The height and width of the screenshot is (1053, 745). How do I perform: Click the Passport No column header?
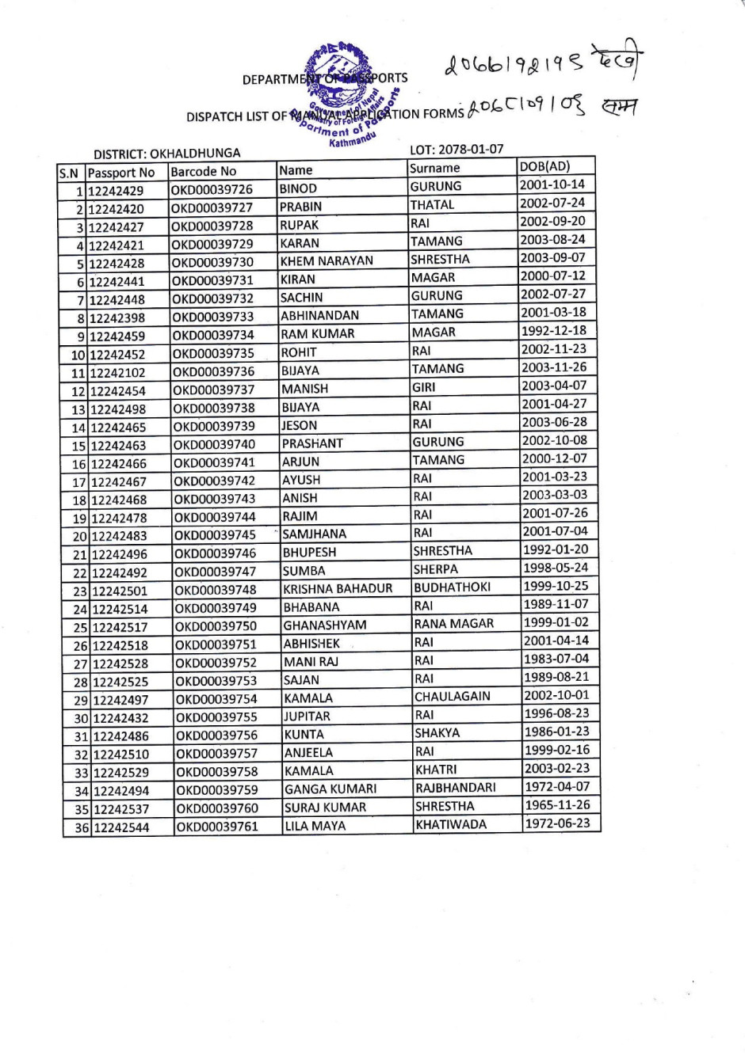pos(121,173)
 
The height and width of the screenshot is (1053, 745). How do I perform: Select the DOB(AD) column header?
pos(544,166)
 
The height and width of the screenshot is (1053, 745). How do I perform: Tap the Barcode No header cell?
pos(204,172)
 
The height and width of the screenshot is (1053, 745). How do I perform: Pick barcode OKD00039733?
pos(213,317)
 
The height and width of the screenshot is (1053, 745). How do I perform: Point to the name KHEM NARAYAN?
pos(327,261)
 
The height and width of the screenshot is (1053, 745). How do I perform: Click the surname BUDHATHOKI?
pos(452,587)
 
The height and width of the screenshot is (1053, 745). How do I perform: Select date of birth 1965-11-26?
pos(557,805)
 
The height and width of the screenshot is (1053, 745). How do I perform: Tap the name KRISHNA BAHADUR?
pos(338,589)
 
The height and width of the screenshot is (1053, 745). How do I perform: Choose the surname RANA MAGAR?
pos(453,624)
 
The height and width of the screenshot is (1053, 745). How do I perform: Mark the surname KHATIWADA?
pos(451,824)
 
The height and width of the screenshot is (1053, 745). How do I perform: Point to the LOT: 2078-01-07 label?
pos(456,149)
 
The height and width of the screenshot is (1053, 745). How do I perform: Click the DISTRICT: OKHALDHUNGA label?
pos(166,154)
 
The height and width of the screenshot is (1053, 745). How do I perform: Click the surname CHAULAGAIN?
pos(452,697)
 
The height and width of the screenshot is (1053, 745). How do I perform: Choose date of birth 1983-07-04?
pos(556,659)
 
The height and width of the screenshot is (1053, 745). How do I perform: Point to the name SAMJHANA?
pos(314,534)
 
